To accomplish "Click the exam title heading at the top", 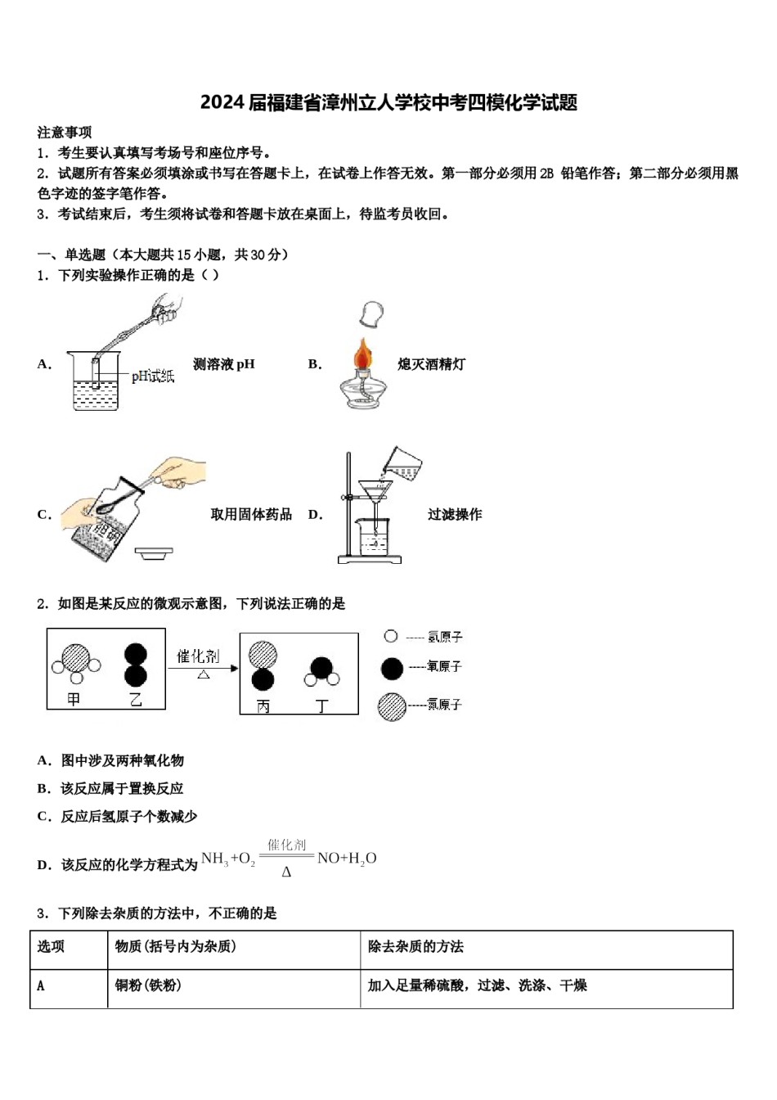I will click(x=388, y=102).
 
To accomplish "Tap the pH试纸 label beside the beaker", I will click(x=152, y=376).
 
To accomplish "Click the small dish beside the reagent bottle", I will click(x=154, y=553).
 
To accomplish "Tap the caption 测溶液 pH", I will click(x=223, y=364).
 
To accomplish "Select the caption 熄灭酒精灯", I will click(x=431, y=364).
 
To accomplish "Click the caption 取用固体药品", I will click(x=251, y=514).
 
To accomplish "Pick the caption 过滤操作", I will click(x=455, y=514).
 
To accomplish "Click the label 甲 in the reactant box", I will click(x=74, y=700).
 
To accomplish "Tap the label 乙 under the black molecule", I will click(x=136, y=700).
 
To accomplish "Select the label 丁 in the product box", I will click(x=322, y=706).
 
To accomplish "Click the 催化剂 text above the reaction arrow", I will click(x=198, y=656).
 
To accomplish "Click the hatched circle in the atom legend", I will click(x=392, y=706).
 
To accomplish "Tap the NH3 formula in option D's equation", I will click(x=214, y=859).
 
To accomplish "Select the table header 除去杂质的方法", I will click(x=415, y=947).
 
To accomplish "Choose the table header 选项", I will click(x=51, y=947).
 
